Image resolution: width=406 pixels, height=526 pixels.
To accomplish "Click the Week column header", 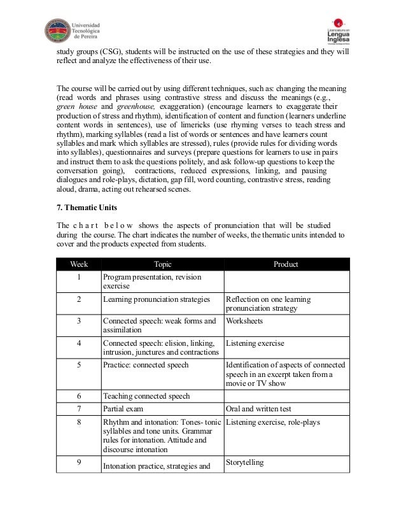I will coord(79,264).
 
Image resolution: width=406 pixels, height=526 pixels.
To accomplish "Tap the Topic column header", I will coord(162,264).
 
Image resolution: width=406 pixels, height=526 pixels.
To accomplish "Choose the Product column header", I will coord(286,264).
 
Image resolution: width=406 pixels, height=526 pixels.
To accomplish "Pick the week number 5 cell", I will coord(79,365).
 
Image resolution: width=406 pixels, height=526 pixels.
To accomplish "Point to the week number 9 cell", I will coord(79,464).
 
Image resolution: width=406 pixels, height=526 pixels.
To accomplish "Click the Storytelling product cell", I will coord(245,462).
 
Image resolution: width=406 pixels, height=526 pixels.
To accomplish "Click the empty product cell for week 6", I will coord(286,395).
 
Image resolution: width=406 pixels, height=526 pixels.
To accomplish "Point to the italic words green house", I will coord(75,107).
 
